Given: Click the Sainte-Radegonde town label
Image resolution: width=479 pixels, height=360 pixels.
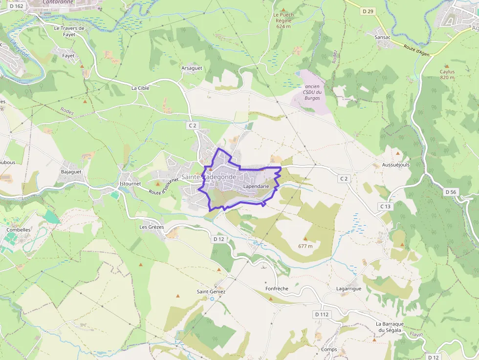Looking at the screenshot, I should [209, 177].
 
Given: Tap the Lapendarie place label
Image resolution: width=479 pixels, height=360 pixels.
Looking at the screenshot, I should [256, 187].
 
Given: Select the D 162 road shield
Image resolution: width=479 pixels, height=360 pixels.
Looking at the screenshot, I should [16, 6].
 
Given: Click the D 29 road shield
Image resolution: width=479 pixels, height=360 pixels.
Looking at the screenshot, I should [368, 11].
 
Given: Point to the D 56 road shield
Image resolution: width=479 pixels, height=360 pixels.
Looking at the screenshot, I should [450, 192].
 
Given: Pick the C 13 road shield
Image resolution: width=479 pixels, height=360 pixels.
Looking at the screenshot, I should [386, 207].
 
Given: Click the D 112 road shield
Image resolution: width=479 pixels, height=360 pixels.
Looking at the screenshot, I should [322, 314].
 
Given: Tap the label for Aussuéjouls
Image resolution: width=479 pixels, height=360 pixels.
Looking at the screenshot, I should [395, 165].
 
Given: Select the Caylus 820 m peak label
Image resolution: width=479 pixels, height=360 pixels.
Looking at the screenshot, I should [447, 74].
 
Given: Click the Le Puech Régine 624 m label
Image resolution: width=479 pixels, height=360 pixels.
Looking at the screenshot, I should [283, 21].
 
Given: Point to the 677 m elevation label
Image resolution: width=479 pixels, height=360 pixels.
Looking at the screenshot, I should [305, 246].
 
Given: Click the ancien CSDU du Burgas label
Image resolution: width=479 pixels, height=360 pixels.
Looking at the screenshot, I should [312, 92].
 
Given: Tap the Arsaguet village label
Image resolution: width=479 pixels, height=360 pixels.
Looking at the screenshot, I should [192, 68].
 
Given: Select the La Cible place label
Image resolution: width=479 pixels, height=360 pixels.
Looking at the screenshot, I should [140, 88].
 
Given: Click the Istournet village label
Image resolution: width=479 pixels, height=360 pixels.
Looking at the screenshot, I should [130, 184].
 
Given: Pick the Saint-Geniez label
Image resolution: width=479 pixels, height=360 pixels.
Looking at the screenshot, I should [211, 292].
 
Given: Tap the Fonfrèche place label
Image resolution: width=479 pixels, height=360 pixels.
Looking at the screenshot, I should [277, 289].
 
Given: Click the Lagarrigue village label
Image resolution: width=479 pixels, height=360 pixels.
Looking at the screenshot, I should [349, 289].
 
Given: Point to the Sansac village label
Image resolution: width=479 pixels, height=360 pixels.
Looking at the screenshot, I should [382, 37].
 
